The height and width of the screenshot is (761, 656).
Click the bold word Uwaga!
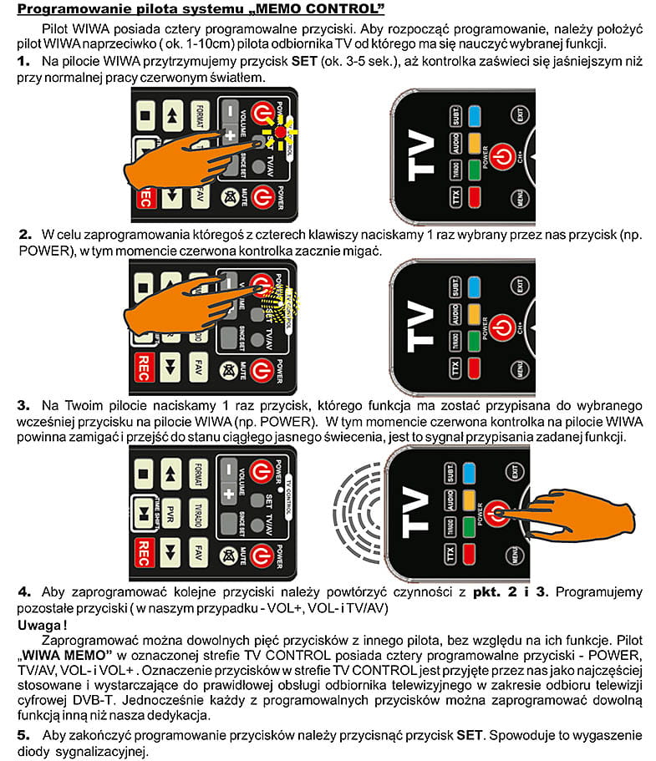click(43, 623)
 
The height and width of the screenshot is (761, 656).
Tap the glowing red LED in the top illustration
click(277, 131)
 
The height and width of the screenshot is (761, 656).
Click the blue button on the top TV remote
click(476, 116)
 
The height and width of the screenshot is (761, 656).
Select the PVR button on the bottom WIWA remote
click(170, 510)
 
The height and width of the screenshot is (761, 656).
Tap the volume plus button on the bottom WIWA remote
click(228, 492)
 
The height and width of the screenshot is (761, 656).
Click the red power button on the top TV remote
click(500, 155)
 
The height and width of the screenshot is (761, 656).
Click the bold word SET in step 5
click(470, 735)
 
